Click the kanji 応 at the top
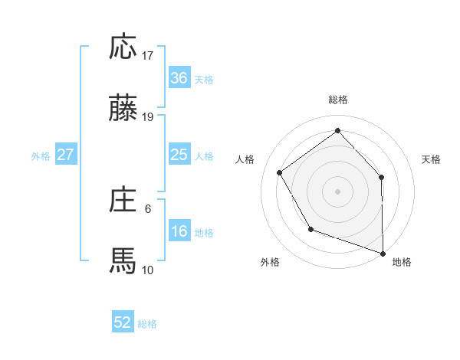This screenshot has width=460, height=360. (123, 48)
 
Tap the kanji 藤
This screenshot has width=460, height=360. (123, 109)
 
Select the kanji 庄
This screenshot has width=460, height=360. (123, 200)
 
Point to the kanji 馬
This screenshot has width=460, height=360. (123, 260)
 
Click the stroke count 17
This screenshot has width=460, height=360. (148, 56)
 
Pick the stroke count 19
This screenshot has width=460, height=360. (148, 116)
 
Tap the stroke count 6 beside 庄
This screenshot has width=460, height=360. (148, 208)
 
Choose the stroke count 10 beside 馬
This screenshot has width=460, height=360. (148, 269)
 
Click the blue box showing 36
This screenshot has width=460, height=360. (179, 78)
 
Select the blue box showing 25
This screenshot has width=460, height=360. (179, 155)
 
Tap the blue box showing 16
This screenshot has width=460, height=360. (179, 231)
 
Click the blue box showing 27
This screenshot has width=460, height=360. (65, 155)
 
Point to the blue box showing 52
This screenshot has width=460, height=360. (123, 322)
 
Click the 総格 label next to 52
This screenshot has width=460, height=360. (147, 324)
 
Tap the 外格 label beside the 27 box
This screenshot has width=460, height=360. (41, 156)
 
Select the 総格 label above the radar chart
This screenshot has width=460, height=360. (337, 100)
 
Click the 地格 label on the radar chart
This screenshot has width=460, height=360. (402, 262)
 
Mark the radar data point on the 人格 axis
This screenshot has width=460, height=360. (280, 172)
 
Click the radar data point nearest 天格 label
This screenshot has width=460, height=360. (382, 177)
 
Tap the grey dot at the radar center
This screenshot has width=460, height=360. (337, 191)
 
